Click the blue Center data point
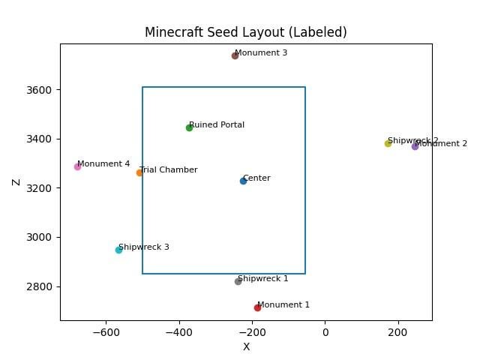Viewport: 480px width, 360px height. tap(243, 181)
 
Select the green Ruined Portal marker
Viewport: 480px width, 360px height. tap(189, 127)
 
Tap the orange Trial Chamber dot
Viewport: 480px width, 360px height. tap(139, 172)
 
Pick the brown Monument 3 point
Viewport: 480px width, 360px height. tap(235, 55)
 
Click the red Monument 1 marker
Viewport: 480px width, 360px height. tap(257, 307)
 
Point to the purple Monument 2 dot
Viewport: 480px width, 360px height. tap(415, 146)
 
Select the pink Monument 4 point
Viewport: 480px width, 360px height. tap(77, 166)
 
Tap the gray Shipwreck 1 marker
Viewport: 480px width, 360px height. tap(238, 281)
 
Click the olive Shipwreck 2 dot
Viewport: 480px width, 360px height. tap(388, 143)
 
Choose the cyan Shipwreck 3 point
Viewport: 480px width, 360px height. tap(118, 250)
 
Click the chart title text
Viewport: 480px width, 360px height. tap(246, 32)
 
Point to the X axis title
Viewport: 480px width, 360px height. tap(246, 346)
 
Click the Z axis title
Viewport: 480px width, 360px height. tap(16, 182)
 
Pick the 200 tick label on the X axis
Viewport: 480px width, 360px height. tap(398, 331)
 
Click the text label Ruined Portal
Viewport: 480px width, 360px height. tap(217, 125)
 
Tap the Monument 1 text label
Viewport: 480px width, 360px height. tap(283, 305)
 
